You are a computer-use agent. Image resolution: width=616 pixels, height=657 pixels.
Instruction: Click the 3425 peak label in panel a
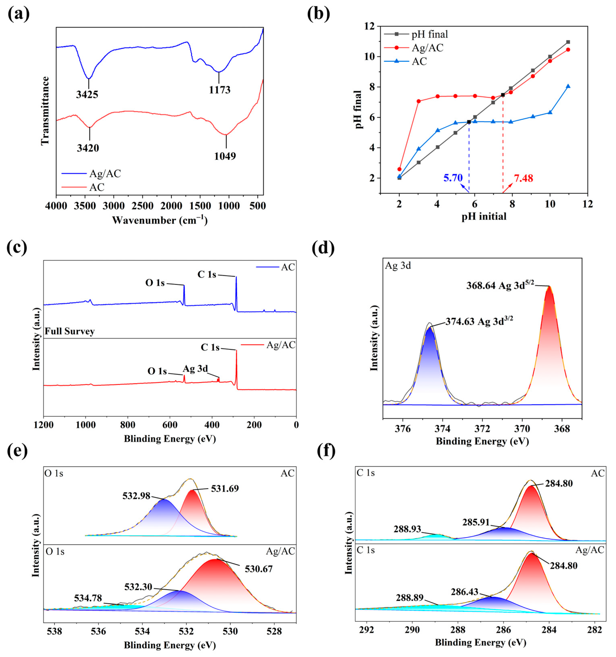click(x=87, y=95)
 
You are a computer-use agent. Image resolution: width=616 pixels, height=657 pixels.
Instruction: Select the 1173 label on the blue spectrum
click(x=219, y=90)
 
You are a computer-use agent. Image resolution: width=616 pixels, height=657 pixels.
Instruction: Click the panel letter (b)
click(x=318, y=14)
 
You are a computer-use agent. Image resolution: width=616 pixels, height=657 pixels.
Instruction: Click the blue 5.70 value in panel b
click(x=453, y=178)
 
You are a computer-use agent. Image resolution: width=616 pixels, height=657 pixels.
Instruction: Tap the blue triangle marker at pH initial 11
click(x=568, y=86)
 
